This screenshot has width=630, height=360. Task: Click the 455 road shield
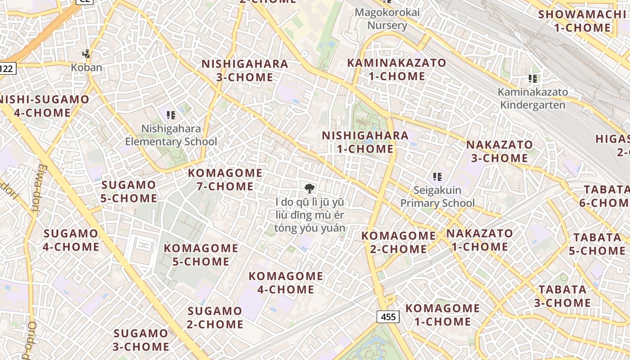point(388,317)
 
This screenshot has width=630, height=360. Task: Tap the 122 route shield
point(7,68)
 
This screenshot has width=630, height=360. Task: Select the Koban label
point(86,67)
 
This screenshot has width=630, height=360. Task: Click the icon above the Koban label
point(86,54)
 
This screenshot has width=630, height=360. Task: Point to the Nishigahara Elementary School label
point(171,135)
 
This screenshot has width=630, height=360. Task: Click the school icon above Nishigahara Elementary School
point(171,115)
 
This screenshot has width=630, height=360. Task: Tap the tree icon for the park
point(310,189)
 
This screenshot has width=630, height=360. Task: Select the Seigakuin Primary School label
point(437,197)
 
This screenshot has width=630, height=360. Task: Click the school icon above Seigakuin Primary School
point(437,177)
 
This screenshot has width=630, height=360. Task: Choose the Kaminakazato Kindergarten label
point(533,99)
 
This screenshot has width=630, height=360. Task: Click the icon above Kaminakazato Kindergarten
point(533,79)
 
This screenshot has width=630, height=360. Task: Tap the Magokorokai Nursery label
point(387,18)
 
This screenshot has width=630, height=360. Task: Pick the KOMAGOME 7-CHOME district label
point(225,180)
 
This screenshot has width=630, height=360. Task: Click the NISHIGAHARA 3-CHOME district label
point(245,71)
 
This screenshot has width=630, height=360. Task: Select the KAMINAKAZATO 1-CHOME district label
point(397,69)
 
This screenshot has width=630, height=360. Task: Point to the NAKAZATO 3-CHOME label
point(499,151)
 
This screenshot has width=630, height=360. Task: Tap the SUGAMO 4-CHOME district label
point(71,240)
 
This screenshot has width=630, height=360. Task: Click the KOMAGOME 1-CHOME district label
point(443,315)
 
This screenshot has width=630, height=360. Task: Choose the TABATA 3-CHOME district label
point(562,296)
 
